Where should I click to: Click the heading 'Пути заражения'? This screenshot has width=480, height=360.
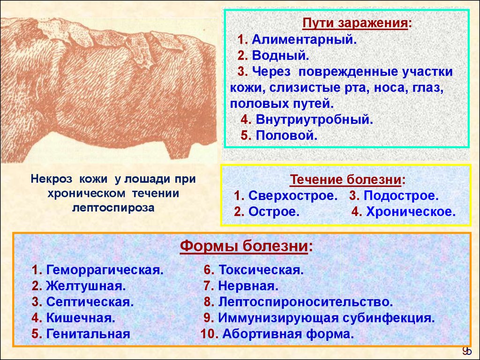(355, 23)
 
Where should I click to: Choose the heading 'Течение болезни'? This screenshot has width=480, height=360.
(345, 180)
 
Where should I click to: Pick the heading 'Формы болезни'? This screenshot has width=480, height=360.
(244, 246)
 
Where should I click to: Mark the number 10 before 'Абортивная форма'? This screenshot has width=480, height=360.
(208, 334)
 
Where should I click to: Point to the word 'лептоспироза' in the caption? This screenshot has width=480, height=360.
(113, 208)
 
